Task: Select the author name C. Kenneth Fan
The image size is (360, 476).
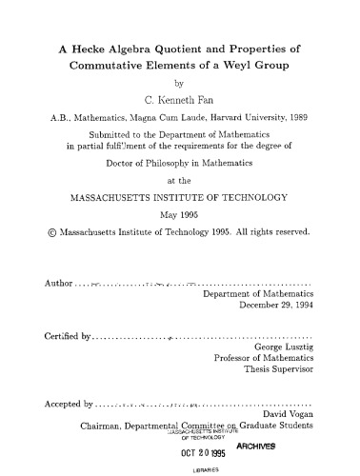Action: click(180, 102)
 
